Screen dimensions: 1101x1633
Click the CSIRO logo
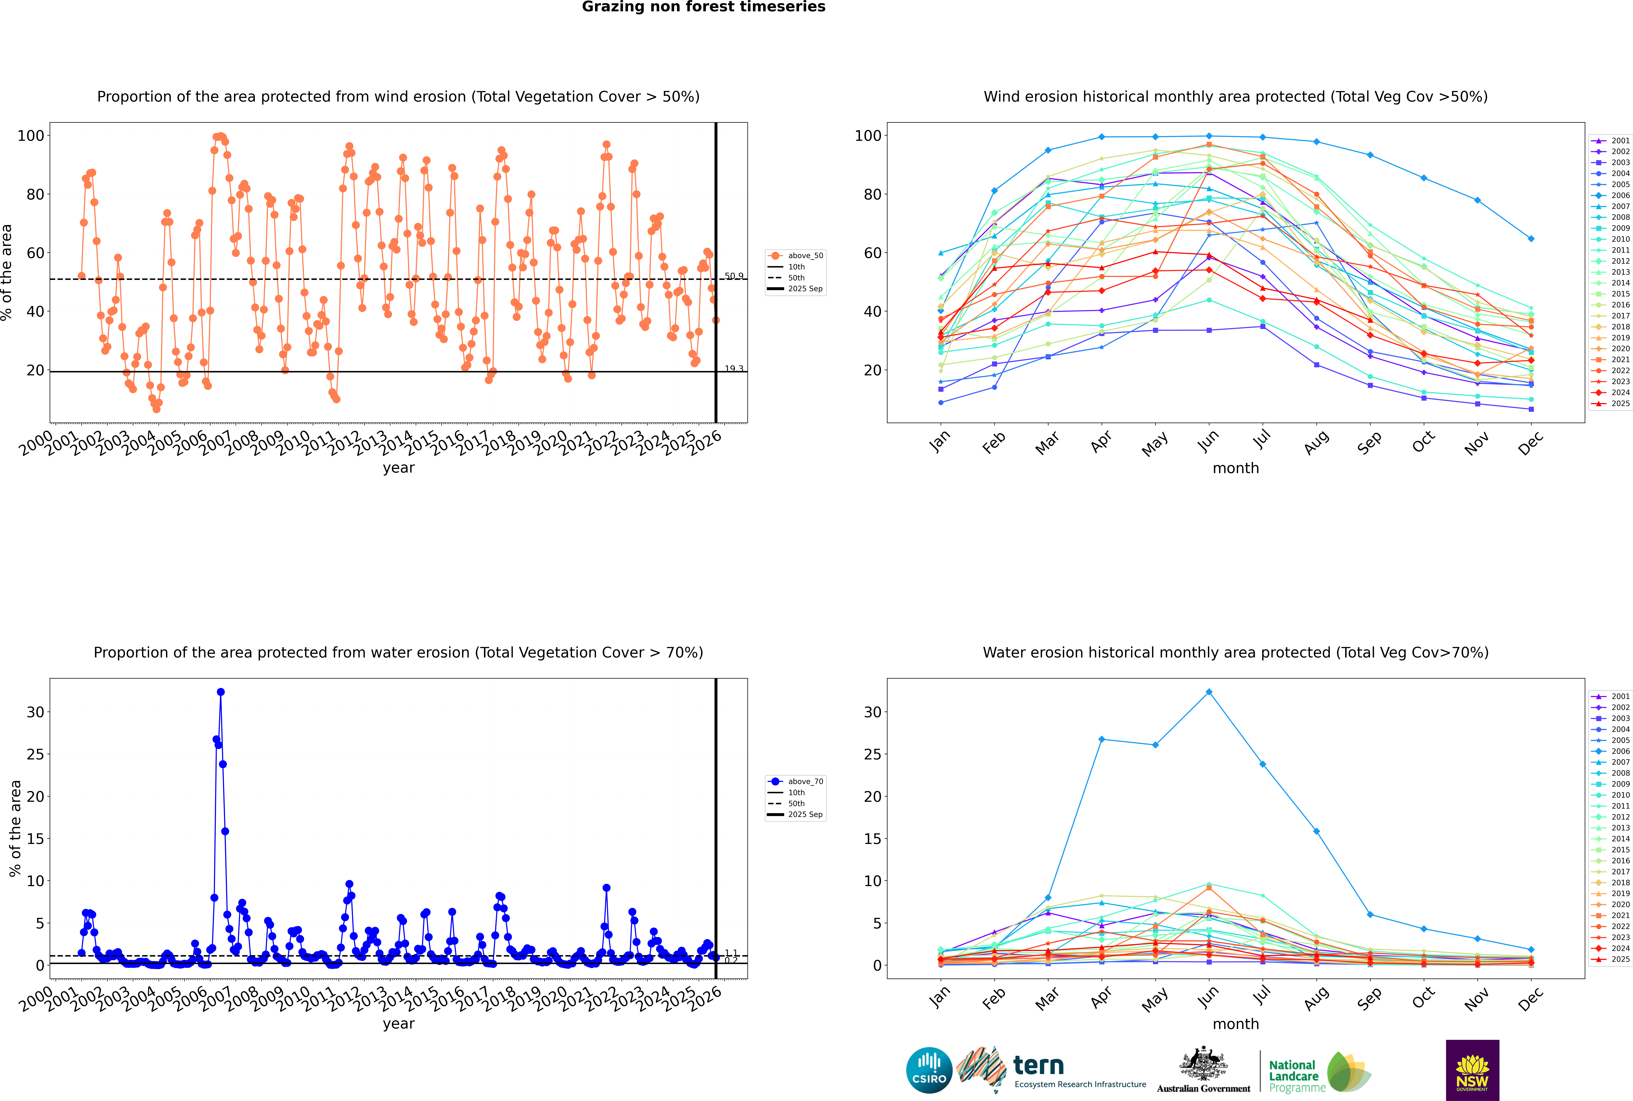pyautogui.click(x=929, y=1070)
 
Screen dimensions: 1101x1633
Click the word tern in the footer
pyautogui.click(x=1038, y=1066)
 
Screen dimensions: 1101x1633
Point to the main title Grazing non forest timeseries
pyautogui.click(x=704, y=7)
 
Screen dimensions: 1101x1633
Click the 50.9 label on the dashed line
pyautogui.click(x=734, y=276)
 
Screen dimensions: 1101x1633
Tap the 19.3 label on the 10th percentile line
pyautogui.click(x=734, y=369)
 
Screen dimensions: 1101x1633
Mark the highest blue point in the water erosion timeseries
pyautogui.click(x=220, y=692)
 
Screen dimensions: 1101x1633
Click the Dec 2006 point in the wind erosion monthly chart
pyautogui.click(x=1531, y=239)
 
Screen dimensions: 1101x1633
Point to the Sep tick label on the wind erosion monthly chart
pyautogui.click(x=1369, y=442)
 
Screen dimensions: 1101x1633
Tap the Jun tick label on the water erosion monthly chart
pyautogui.click(x=1208, y=997)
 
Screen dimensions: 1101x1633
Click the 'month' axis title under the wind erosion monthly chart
pyautogui.click(x=1236, y=468)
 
